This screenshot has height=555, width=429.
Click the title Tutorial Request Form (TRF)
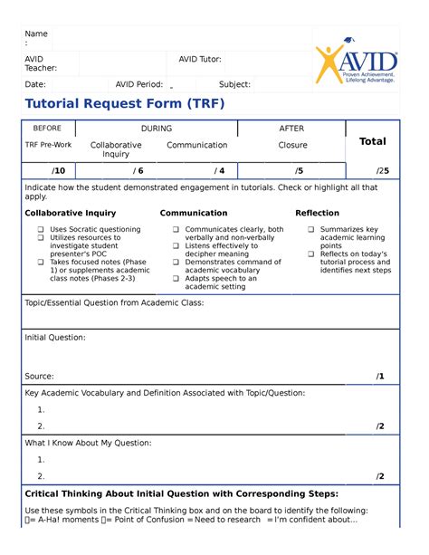tap(125, 104)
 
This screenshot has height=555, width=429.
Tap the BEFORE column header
tap(47, 129)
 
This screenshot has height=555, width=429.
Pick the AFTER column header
tap(291, 129)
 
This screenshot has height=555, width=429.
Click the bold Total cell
tap(372, 141)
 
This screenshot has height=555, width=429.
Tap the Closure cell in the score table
tap(292, 145)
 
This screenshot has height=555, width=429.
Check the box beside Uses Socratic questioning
tap(41, 230)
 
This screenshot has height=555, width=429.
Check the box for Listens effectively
tap(176, 246)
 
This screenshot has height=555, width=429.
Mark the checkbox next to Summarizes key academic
tap(311, 230)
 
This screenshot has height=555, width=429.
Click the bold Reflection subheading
tap(317, 213)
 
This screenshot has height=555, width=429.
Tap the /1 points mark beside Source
tap(380, 376)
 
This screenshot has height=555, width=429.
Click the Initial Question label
tap(55, 337)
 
